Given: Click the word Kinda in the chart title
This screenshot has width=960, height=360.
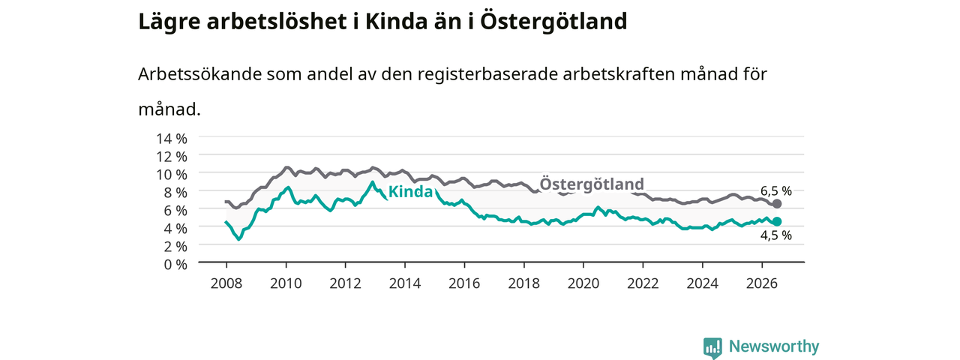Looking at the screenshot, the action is (x=397, y=22).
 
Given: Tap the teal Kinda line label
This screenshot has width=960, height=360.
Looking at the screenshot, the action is (x=410, y=191).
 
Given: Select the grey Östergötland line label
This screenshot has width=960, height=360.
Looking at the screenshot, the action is (x=592, y=184).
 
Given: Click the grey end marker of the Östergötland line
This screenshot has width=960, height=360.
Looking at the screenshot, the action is (x=776, y=203).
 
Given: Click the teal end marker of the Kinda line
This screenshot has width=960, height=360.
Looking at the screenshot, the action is (x=776, y=221).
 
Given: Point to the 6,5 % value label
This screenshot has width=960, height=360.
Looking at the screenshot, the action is (x=776, y=190).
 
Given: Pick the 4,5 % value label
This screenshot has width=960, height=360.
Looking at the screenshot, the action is (x=776, y=235).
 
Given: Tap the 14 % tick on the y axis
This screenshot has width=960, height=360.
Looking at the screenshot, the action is (x=172, y=139).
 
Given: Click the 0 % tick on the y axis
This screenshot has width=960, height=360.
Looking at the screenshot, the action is (x=175, y=265).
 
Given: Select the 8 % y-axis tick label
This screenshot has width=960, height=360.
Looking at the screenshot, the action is (x=175, y=193).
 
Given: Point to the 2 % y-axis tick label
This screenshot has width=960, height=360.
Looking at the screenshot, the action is (x=175, y=247).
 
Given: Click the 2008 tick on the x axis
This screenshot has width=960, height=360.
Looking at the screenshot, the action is (x=226, y=283).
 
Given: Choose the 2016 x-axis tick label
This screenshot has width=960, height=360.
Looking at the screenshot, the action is (x=464, y=283).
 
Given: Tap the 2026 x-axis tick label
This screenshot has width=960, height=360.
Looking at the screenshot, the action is (x=761, y=283).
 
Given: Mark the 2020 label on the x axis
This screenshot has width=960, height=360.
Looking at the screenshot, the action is (x=583, y=283).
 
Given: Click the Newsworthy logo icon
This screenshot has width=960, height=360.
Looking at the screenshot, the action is (x=712, y=347).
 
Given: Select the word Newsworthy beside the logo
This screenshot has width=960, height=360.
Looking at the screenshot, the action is (x=774, y=346).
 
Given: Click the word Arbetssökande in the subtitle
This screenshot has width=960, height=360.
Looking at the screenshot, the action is (x=199, y=74).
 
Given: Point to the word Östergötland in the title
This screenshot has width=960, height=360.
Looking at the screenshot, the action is (x=553, y=22).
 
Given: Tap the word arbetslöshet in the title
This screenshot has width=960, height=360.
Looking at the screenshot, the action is (x=277, y=22).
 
